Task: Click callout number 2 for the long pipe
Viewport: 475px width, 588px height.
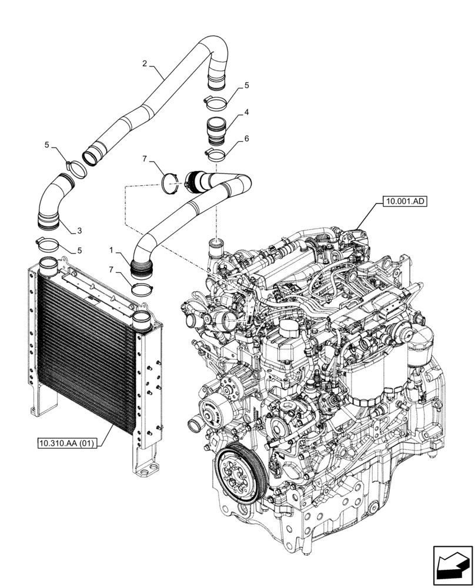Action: [x=145, y=63]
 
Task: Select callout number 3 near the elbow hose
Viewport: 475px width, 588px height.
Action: [x=80, y=230]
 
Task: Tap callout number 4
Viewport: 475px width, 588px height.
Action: [x=247, y=111]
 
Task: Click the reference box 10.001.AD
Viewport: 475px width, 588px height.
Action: [x=406, y=201]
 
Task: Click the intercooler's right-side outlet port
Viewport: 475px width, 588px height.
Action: [x=143, y=320]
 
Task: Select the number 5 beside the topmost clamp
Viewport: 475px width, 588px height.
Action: [x=247, y=85]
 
